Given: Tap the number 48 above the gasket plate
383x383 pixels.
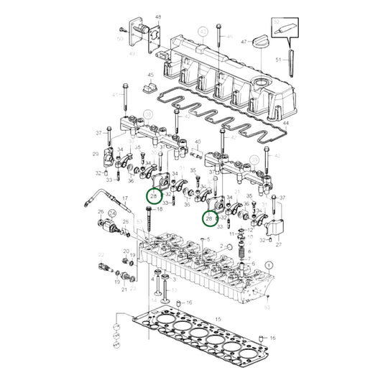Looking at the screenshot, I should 158,16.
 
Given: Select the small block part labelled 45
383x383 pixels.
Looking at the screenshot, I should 151,87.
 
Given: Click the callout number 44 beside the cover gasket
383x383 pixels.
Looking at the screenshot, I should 285,124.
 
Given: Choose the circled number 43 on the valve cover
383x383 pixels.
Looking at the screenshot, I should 203,32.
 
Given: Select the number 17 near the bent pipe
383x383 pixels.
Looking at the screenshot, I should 124,199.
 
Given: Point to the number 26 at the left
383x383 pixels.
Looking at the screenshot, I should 101,212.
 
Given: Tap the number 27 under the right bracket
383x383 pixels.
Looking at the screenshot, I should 279,244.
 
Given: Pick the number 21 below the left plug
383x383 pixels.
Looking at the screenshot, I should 124,289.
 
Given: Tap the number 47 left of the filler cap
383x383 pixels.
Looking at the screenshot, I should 244,42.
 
